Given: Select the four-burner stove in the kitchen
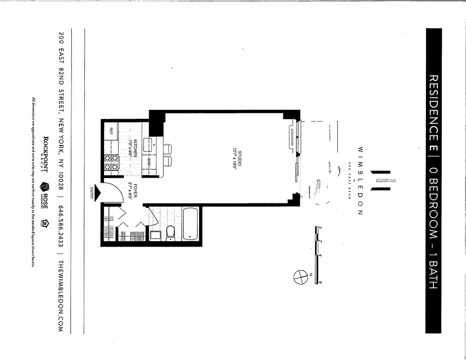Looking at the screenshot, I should point(111,162).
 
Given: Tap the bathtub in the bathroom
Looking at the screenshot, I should point(191,224).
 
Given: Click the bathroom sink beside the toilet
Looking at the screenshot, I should point(155,234).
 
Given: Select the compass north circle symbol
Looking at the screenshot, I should point(299,276).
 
